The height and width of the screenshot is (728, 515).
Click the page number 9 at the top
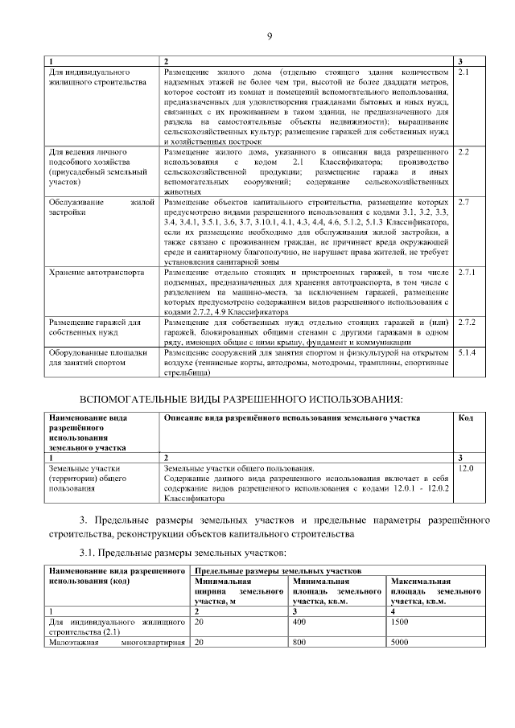click(x=270, y=35)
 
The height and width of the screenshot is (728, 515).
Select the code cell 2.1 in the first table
click(x=463, y=72)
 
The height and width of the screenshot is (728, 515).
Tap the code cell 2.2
click(x=463, y=152)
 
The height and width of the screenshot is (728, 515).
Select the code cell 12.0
click(x=465, y=467)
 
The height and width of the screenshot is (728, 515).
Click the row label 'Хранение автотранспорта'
click(x=97, y=273)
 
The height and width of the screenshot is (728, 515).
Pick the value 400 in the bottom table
click(x=301, y=623)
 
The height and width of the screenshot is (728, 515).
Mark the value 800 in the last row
click(x=301, y=643)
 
